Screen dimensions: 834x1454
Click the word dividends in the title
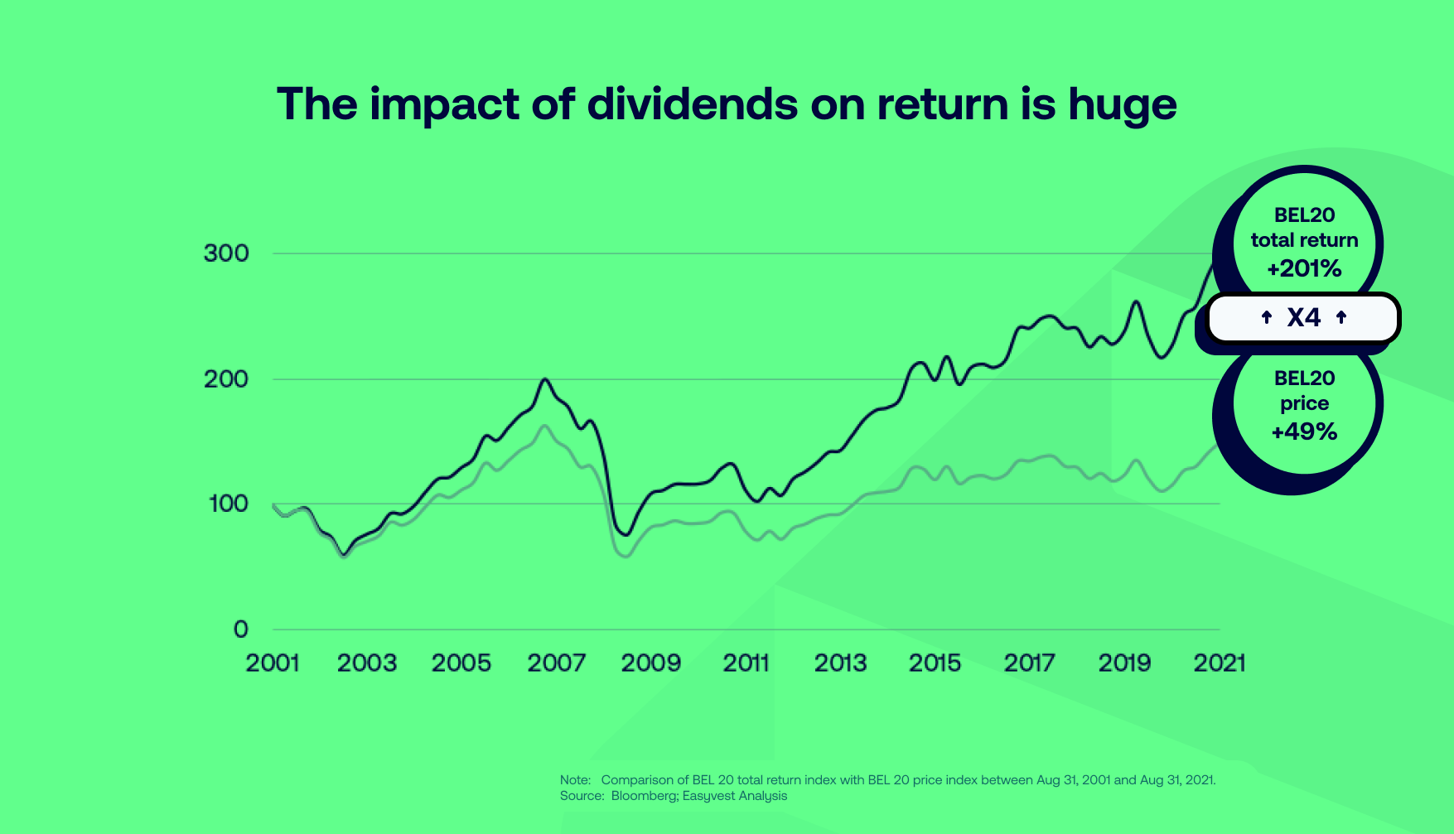click(693, 104)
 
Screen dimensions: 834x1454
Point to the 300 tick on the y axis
click(226, 253)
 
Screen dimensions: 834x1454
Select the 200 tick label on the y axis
click(226, 379)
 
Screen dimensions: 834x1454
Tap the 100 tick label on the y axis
click(228, 504)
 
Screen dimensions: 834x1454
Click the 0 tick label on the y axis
click(240, 629)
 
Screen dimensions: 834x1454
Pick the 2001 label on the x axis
click(272, 663)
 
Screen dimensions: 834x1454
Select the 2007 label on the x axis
click(556, 663)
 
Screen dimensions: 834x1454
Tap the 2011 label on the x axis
click(746, 663)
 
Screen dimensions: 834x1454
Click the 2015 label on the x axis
click(935, 663)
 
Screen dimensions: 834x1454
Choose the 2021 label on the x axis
click(1219, 663)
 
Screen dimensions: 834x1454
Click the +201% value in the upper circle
click(1304, 268)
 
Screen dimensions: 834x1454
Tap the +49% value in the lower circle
click(1304, 431)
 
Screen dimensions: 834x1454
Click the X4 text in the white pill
click(1303, 317)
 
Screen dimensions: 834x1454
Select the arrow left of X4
click(1266, 317)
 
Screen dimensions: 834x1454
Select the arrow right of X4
click(1341, 317)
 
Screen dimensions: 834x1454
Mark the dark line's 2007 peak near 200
click(544, 379)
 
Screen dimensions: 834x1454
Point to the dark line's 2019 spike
click(1136, 301)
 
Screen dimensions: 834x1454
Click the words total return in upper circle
click(1304, 240)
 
